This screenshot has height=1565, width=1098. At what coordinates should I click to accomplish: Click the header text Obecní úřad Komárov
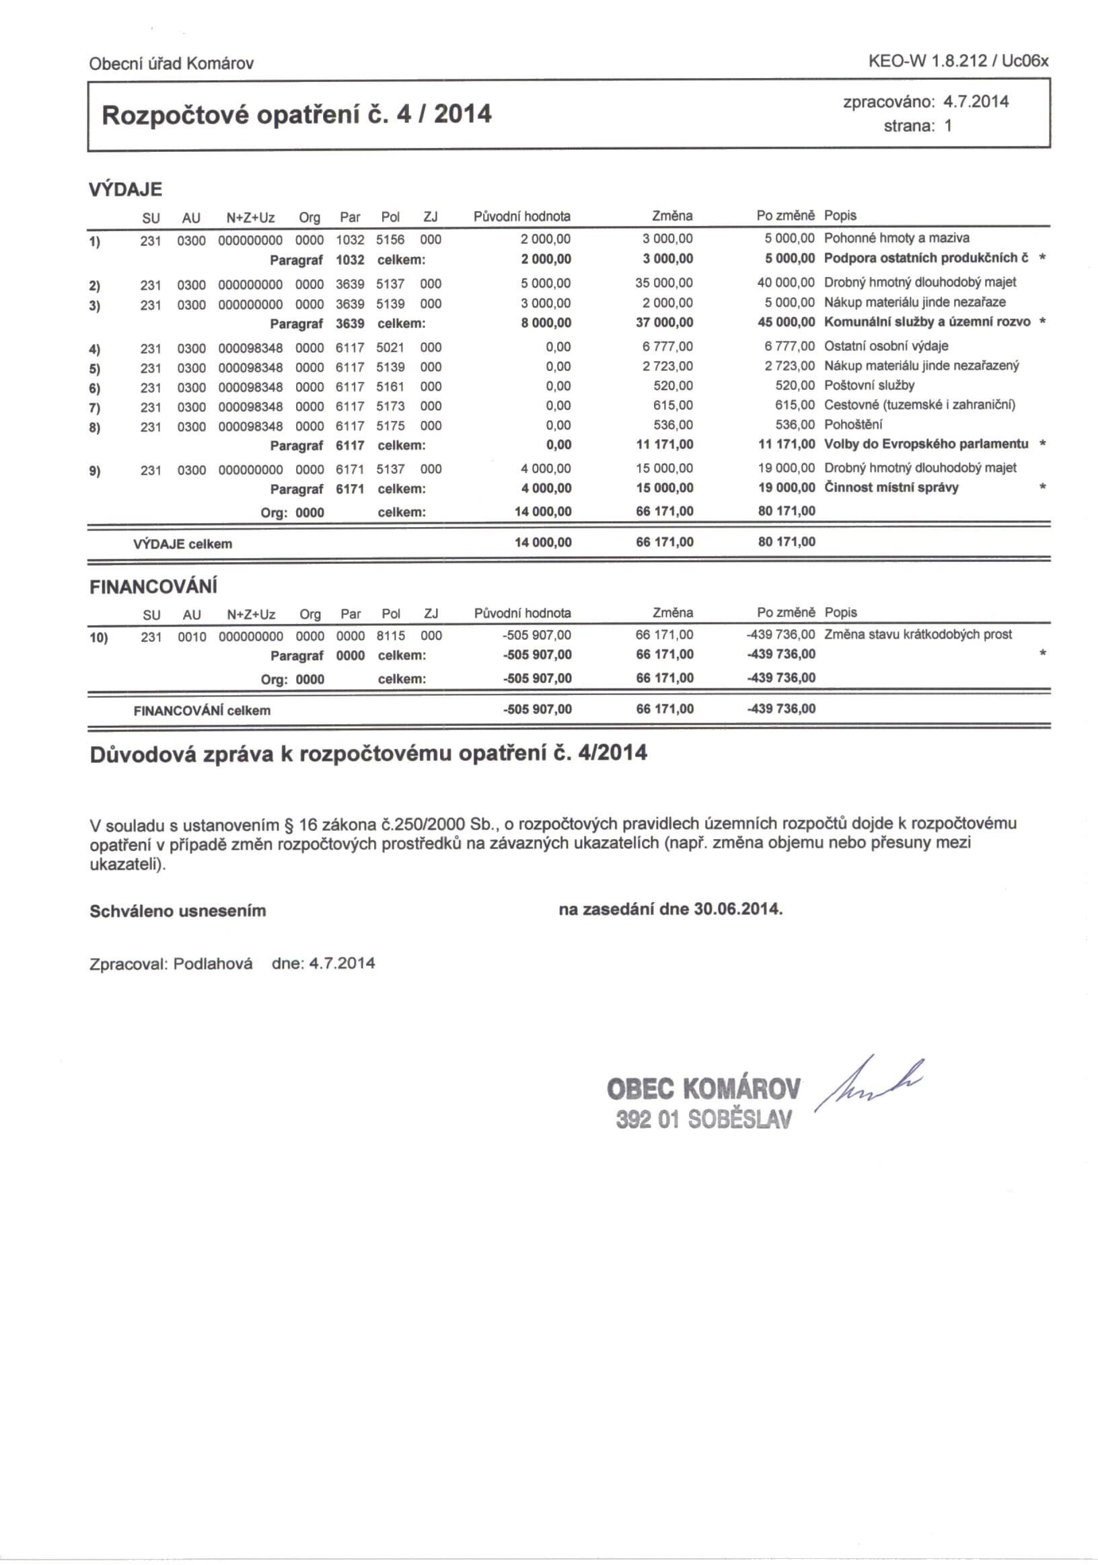tap(171, 64)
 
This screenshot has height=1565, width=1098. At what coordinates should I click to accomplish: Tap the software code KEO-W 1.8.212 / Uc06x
tap(957, 61)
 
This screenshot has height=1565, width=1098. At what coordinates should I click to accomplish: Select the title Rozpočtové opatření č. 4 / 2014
tap(296, 114)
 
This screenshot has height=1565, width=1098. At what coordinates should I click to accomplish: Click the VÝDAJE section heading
tap(126, 190)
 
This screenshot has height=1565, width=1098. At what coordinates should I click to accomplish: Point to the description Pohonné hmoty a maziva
tap(896, 239)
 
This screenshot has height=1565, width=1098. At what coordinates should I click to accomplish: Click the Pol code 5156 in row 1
tap(390, 240)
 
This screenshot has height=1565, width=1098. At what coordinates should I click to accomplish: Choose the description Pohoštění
tap(853, 425)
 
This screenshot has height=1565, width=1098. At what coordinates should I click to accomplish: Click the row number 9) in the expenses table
tap(95, 471)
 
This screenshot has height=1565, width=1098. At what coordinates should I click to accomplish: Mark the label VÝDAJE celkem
tap(182, 544)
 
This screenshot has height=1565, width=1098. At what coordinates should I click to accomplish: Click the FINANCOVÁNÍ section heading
tap(153, 587)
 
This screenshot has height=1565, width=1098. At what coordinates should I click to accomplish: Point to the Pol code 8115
tap(391, 636)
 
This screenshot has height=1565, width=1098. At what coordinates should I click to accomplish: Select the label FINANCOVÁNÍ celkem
tap(202, 711)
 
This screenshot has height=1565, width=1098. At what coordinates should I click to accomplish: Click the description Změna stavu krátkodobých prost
tap(918, 635)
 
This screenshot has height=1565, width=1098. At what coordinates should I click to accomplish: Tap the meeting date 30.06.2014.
tap(737, 910)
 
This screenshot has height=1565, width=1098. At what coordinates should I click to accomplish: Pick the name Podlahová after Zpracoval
tap(213, 964)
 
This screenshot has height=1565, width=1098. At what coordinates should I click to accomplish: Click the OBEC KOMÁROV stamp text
tap(703, 1088)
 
